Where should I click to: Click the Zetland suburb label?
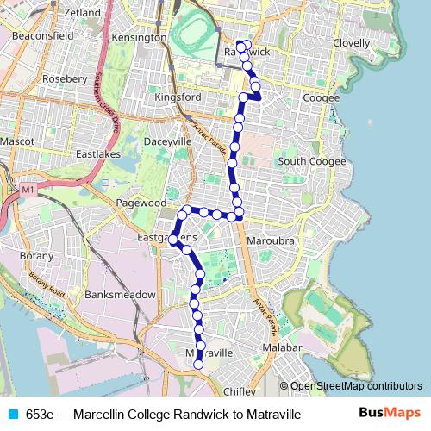point(81,13)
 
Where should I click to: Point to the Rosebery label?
point(65,78)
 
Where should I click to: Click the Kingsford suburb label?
point(178,97)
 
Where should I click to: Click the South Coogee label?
point(311,161)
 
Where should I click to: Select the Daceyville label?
point(168,141)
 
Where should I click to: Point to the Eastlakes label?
point(98,155)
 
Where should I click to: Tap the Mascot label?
point(16,139)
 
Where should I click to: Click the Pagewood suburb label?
point(141,203)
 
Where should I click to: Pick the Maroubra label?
point(271,240)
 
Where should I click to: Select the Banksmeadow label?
point(121,295)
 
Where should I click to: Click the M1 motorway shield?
point(28,189)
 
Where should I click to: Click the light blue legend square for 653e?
point(12,415)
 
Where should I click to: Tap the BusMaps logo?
point(390,414)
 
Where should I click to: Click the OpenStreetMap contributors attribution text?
point(355,386)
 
